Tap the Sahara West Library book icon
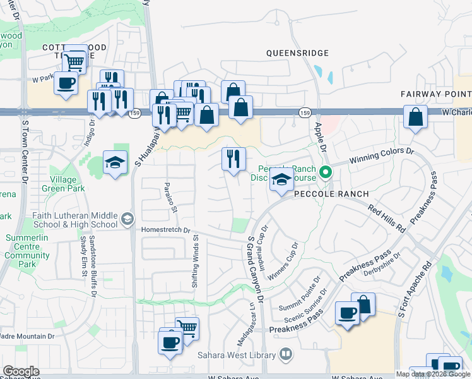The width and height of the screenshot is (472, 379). tap(286, 354)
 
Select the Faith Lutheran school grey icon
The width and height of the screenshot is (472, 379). tap(127, 219)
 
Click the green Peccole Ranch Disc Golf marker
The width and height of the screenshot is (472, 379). tap(326, 172)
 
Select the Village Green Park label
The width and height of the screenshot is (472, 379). tap(63, 183)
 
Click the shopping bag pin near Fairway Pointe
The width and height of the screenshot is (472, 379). tap(415, 117)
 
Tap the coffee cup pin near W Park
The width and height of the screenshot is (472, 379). tap(66, 83)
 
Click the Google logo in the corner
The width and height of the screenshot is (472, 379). tap(21, 371)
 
